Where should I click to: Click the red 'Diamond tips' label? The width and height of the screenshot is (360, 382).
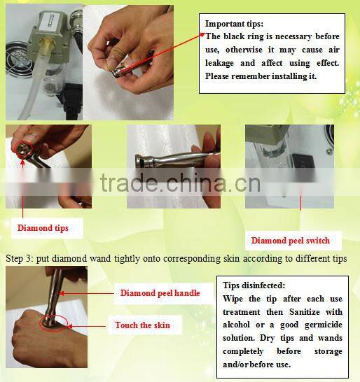[43, 228]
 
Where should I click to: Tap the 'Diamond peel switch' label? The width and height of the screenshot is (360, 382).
[290, 241]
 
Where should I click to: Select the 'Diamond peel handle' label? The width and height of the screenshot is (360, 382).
[160, 293]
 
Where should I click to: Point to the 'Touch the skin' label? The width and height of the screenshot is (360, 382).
[142, 325]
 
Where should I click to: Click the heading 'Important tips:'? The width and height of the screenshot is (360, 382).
[234, 24]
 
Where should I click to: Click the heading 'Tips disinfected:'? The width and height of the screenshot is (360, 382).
[254, 285]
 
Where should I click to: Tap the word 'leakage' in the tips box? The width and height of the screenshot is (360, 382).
[219, 63]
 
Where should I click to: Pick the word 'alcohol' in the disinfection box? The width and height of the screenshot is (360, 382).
[236, 325]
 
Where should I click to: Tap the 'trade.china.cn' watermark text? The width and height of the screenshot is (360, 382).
[180, 183]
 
